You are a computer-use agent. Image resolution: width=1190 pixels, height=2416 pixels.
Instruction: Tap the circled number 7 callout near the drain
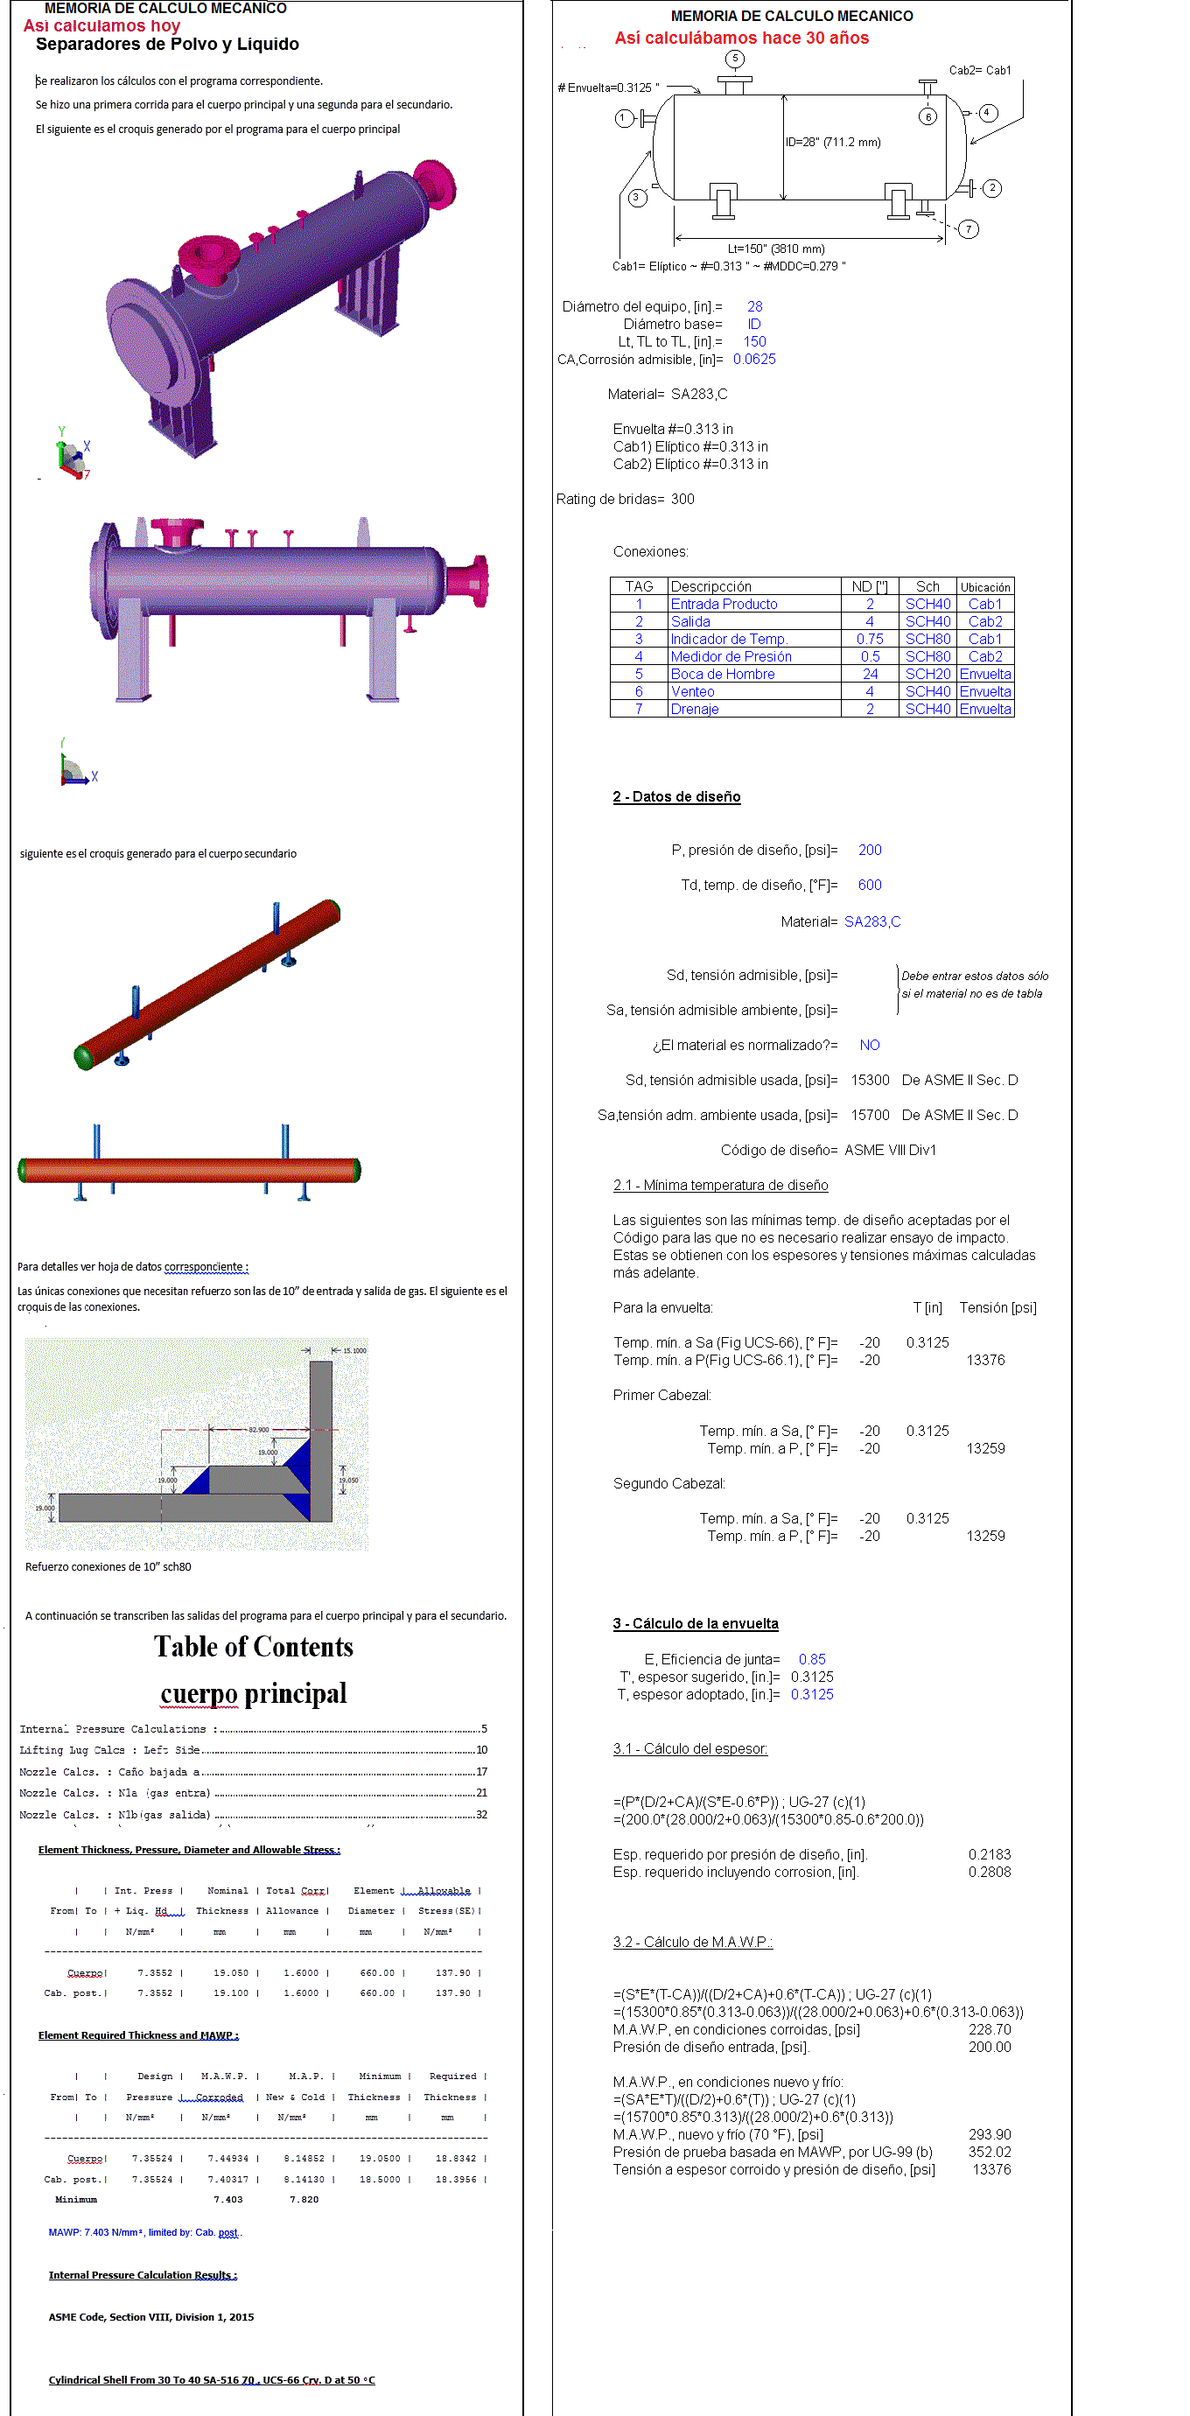click(x=969, y=229)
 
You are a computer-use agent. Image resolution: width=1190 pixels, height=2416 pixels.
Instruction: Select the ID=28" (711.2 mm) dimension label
click(x=833, y=143)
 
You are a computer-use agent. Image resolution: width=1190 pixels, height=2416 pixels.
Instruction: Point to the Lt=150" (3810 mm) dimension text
click(x=776, y=249)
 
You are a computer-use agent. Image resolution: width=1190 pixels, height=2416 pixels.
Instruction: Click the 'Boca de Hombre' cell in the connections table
click(x=722, y=675)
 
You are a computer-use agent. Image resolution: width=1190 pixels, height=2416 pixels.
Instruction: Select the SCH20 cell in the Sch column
click(x=927, y=675)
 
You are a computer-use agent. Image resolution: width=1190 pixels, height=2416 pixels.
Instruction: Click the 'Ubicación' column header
click(x=984, y=587)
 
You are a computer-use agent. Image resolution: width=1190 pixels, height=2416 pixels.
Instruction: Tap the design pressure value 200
click(x=869, y=850)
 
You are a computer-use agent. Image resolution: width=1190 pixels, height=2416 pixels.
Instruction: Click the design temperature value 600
click(x=869, y=885)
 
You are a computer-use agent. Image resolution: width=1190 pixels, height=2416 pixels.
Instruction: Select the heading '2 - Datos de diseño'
click(x=676, y=796)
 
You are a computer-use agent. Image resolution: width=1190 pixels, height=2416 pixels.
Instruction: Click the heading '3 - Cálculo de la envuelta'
click(x=695, y=1623)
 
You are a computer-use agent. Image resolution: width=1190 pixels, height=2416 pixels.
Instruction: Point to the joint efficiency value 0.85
click(x=812, y=1659)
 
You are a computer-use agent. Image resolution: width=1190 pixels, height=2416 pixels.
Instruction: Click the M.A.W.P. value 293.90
click(x=990, y=2134)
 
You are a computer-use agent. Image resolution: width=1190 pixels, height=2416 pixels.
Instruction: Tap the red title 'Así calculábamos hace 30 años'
click(x=742, y=39)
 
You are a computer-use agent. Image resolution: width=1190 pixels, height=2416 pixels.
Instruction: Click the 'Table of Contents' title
click(x=253, y=1647)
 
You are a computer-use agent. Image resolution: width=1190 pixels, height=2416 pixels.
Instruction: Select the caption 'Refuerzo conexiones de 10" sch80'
click(x=108, y=1567)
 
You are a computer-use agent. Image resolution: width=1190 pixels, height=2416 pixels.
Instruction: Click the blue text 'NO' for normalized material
click(x=869, y=1045)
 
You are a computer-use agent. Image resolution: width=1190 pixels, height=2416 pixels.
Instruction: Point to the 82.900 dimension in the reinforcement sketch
click(x=258, y=1429)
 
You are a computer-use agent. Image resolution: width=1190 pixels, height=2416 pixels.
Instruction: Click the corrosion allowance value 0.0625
click(x=754, y=360)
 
